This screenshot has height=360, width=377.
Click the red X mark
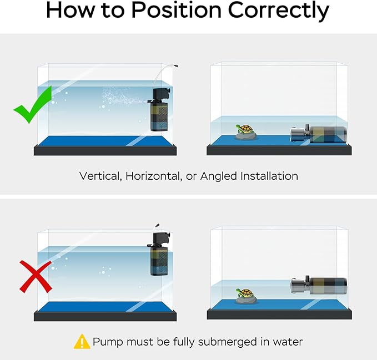click(x=36, y=276)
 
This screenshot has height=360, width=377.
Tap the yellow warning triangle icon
click(x=82, y=342)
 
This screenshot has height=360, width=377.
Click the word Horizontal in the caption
click(x=151, y=176)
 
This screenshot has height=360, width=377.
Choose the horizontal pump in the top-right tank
click(x=319, y=134)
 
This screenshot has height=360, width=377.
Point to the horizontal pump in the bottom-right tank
click(x=319, y=286)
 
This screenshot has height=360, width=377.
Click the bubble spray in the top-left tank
click(x=120, y=97)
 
